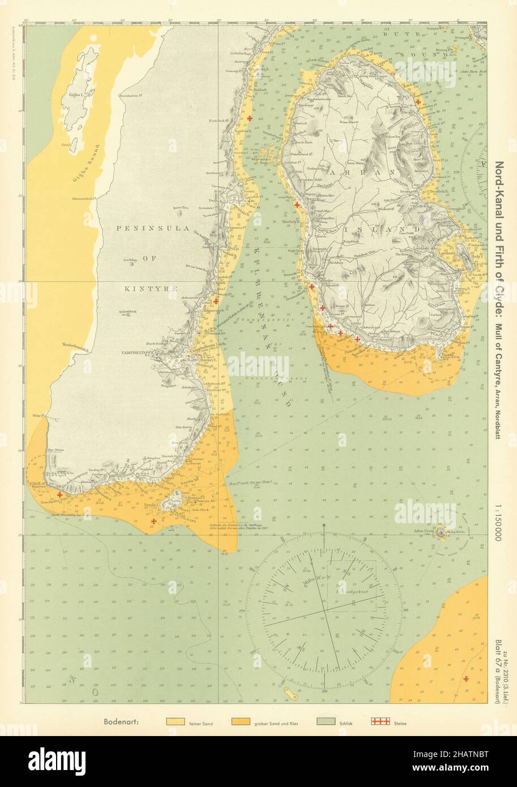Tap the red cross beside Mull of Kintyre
[x=59, y=494]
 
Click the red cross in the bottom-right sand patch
[x=465, y=678]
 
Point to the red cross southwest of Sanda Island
[x=153, y=521]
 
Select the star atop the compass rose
[x=323, y=526]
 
